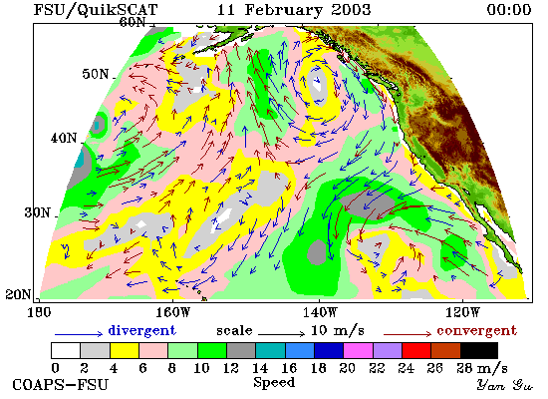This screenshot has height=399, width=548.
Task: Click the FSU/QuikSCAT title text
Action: click(x=96, y=10)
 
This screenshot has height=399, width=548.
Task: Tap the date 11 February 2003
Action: click(x=294, y=9)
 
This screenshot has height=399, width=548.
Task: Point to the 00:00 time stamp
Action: click(x=509, y=9)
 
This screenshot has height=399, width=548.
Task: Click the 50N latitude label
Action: click(x=96, y=74)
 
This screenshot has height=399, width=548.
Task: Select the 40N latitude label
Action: click(x=64, y=138)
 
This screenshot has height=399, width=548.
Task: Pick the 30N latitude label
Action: click(x=37, y=212)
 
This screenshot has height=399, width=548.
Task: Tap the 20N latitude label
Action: click(x=19, y=294)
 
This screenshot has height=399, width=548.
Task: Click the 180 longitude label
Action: click(x=39, y=312)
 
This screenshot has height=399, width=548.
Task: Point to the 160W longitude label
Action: click(x=172, y=312)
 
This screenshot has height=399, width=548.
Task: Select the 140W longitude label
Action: click(x=320, y=312)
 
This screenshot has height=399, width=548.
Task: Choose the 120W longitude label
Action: click(x=462, y=312)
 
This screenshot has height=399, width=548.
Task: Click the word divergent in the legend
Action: click(x=141, y=330)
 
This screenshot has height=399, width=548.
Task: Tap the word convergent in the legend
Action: click(x=476, y=331)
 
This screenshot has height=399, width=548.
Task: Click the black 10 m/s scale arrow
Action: click(x=282, y=334)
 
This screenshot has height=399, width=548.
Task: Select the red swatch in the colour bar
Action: click(x=416, y=350)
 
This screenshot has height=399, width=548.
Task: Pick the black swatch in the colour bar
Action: click(x=479, y=350)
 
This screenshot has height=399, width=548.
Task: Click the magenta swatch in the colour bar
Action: click(x=359, y=350)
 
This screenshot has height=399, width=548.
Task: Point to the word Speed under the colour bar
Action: click(x=274, y=382)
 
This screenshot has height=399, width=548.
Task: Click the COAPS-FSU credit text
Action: click(x=60, y=385)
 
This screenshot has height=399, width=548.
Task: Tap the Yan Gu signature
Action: click(x=505, y=385)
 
